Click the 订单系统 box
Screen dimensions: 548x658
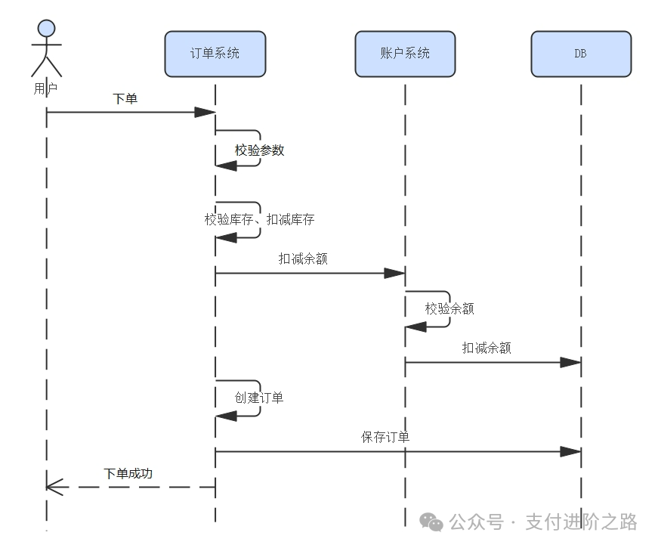(215, 54)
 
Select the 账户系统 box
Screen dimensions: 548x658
(405, 54)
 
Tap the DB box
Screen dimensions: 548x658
(580, 54)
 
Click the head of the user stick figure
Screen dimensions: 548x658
(46, 29)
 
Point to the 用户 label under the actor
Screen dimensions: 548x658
(46, 88)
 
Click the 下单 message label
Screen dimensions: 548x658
(125, 98)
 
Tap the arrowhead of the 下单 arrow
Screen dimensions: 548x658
(205, 113)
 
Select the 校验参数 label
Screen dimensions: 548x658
(259, 150)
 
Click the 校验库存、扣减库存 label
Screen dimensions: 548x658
(259, 220)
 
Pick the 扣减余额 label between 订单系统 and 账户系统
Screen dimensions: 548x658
(302, 259)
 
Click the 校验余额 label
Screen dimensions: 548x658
(449, 309)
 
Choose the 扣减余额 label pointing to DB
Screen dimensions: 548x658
(487, 348)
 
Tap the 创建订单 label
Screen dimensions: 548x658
(259, 398)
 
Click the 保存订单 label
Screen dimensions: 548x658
(385, 437)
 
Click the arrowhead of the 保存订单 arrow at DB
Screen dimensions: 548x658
(570, 452)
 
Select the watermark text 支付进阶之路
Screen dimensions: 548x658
(581, 522)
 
